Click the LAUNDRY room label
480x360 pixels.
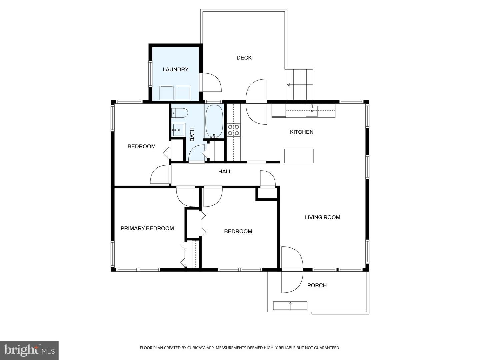pyautogui.click(x=175, y=69)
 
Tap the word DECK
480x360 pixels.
pyautogui.click(x=244, y=58)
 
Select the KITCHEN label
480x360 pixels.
pyautogui.click(x=301, y=132)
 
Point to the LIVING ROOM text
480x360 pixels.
pyautogui.click(x=322, y=217)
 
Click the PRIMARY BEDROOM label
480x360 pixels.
pyautogui.click(x=147, y=228)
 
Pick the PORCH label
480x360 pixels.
pyautogui.click(x=317, y=285)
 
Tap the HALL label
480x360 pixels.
pyautogui.click(x=225, y=171)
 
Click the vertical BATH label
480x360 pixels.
pyautogui.click(x=192, y=134)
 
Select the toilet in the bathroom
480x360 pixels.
pyautogui.click(x=179, y=113)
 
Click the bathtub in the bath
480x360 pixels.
pyautogui.click(x=214, y=121)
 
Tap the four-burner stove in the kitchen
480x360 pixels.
pyautogui.click(x=233, y=130)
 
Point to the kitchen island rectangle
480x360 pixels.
pyautogui.click(x=299, y=156)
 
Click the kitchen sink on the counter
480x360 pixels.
pyautogui.click(x=312, y=110)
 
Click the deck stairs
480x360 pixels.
pyautogui.click(x=300, y=84)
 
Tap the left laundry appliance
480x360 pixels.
pyautogui.click(x=166, y=93)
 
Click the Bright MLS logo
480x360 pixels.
pyautogui.click(x=29, y=350)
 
